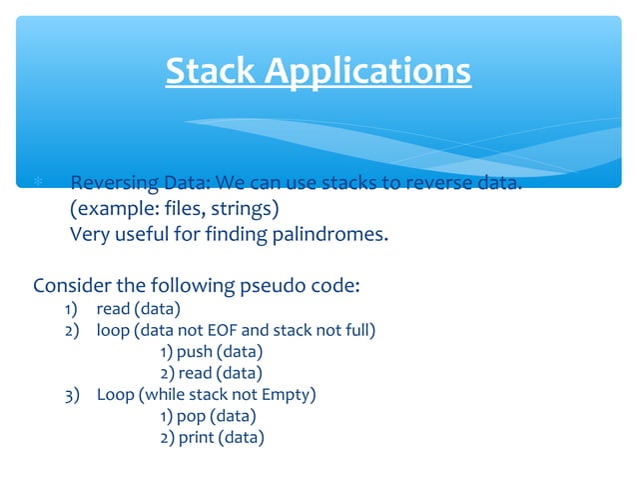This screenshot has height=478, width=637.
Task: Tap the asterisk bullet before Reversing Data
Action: click(37, 184)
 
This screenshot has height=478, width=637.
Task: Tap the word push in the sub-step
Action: click(193, 352)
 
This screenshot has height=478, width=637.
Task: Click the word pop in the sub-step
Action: click(190, 415)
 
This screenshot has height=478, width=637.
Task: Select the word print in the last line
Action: click(196, 437)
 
